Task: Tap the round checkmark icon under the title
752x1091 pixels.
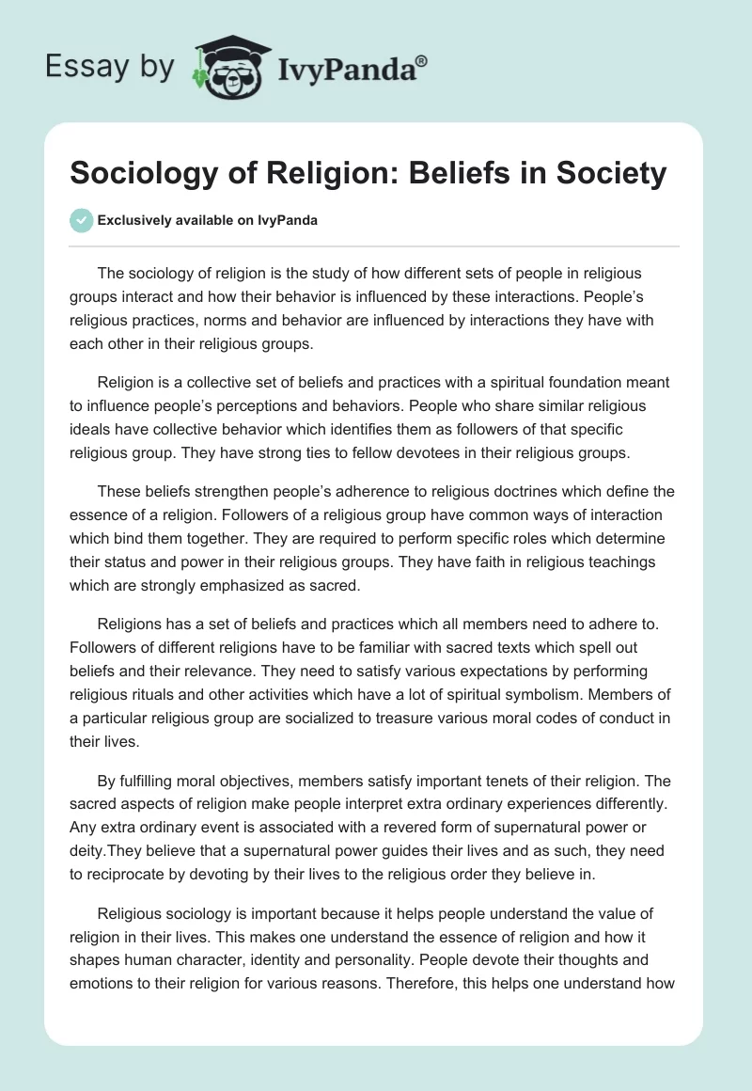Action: pos(81,220)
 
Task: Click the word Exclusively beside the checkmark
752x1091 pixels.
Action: pos(133,221)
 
